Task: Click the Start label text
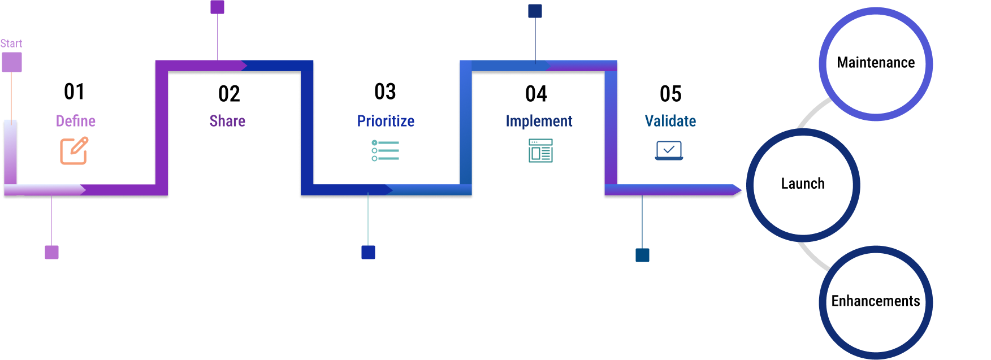[x=11, y=44]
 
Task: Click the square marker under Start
[x=12, y=62]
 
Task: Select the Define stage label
[x=76, y=121]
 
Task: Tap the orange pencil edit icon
[x=74, y=151]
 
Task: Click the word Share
[x=227, y=121]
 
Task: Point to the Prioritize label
[x=386, y=121]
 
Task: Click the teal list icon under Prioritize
[x=386, y=151]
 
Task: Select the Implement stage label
[x=539, y=121]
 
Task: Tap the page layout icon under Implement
[x=540, y=151]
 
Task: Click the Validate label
[x=670, y=121]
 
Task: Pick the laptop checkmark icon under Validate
[x=669, y=151]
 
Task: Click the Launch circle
[x=803, y=185]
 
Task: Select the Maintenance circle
[x=876, y=63]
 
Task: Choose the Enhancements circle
[x=876, y=302]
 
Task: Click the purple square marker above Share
[x=218, y=7]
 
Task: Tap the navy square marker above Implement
[x=535, y=11]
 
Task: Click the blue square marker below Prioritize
[x=368, y=253]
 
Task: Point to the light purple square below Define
[x=51, y=253]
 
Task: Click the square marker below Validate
[x=642, y=255]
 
